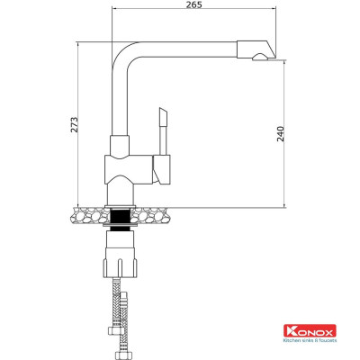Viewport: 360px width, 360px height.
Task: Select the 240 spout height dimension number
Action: click(x=281, y=134)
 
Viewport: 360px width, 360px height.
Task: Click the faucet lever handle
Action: click(x=163, y=121)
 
